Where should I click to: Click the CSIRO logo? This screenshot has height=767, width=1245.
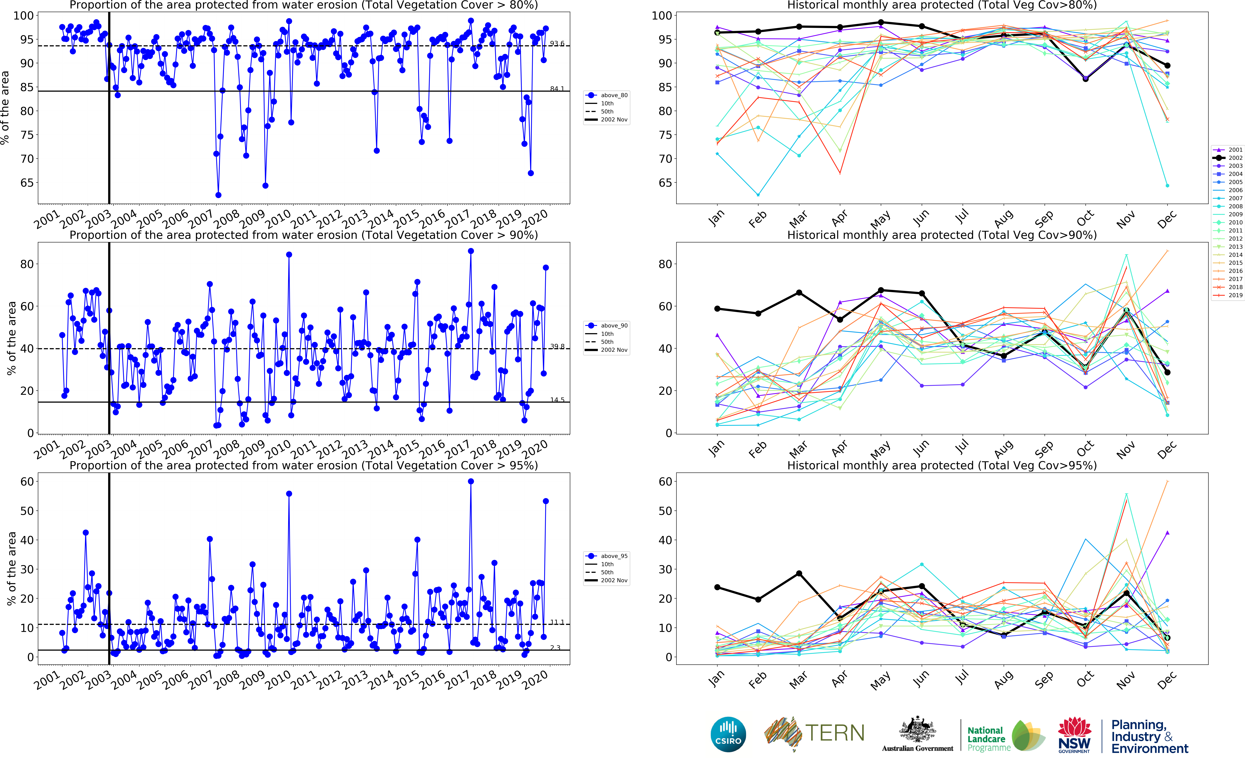(x=728, y=734)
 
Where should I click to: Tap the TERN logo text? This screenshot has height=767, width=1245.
(x=835, y=733)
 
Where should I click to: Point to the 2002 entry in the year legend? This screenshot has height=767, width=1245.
(x=1235, y=158)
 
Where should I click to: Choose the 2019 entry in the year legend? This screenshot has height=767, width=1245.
(x=1235, y=295)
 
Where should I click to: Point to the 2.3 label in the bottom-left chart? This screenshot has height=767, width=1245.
(x=555, y=648)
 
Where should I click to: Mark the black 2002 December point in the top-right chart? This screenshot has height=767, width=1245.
(x=1167, y=65)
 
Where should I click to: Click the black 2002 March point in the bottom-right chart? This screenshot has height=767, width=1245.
(x=799, y=573)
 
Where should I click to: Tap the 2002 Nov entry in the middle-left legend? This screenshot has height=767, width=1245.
(x=614, y=350)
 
